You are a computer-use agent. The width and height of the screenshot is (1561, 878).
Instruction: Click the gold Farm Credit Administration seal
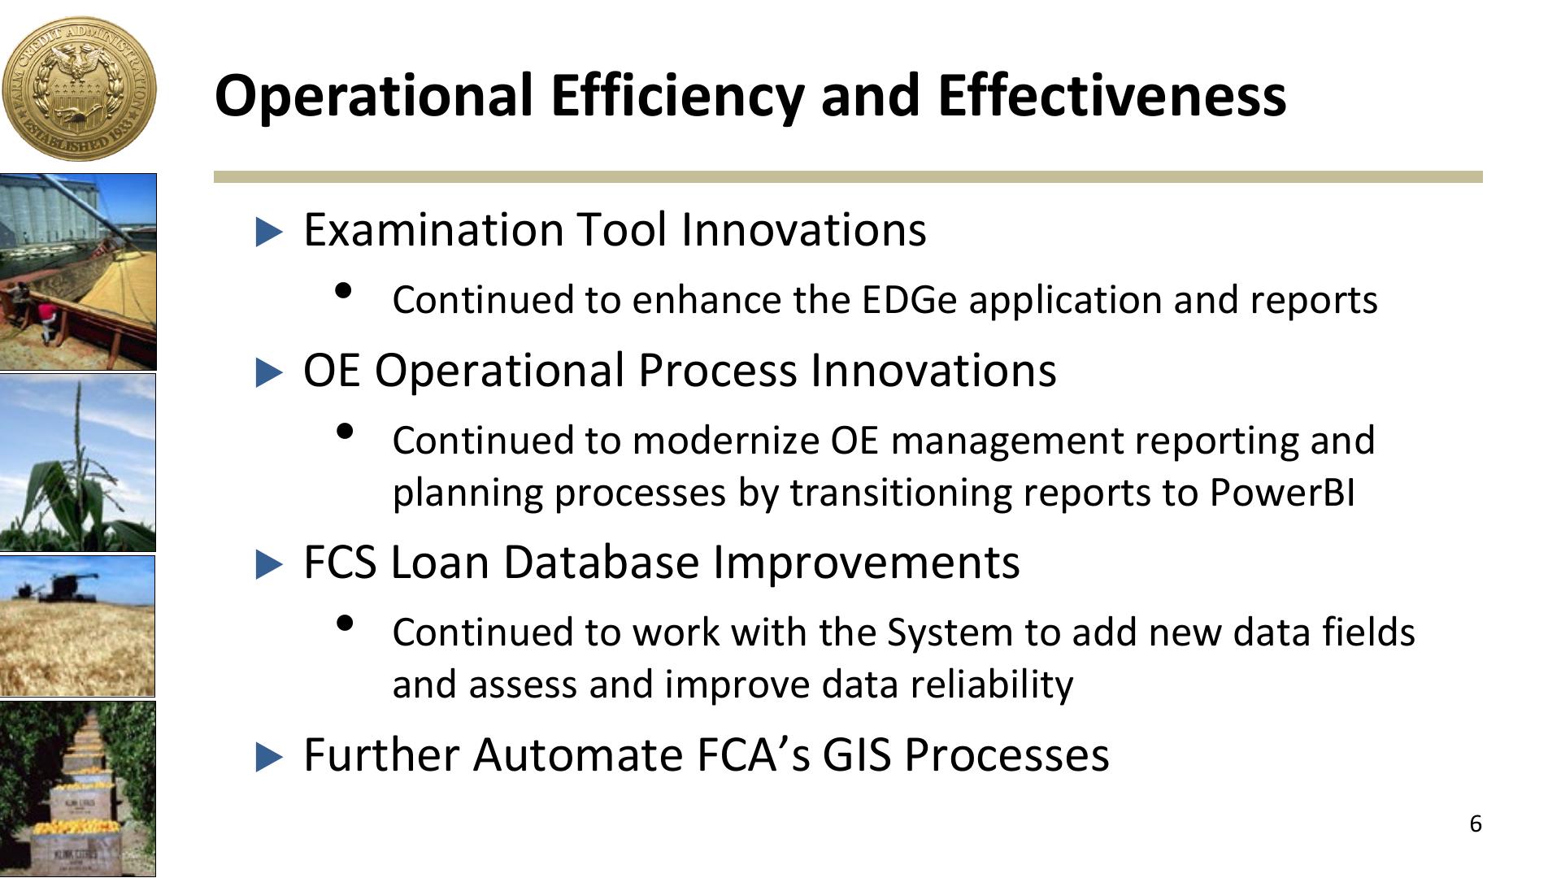(x=79, y=89)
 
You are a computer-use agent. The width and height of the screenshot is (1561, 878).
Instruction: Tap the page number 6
(x=1476, y=824)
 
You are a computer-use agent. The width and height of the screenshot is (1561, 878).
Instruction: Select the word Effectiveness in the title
(x=1111, y=94)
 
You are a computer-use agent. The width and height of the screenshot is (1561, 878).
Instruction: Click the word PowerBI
(x=1282, y=493)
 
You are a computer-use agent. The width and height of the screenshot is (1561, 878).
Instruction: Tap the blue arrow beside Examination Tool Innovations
(x=269, y=232)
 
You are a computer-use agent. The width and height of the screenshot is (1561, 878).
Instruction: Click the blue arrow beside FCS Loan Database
(x=269, y=564)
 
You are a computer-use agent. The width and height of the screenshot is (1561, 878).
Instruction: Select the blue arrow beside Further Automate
(x=269, y=757)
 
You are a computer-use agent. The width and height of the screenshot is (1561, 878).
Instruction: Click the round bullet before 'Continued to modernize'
(x=344, y=431)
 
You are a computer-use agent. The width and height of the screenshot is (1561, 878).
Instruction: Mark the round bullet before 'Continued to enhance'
(x=344, y=290)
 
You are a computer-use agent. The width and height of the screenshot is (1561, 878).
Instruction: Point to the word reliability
(x=992, y=685)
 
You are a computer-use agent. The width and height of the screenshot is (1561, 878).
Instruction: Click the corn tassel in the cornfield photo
(x=79, y=423)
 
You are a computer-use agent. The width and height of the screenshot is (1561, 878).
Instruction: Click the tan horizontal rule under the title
(x=848, y=177)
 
